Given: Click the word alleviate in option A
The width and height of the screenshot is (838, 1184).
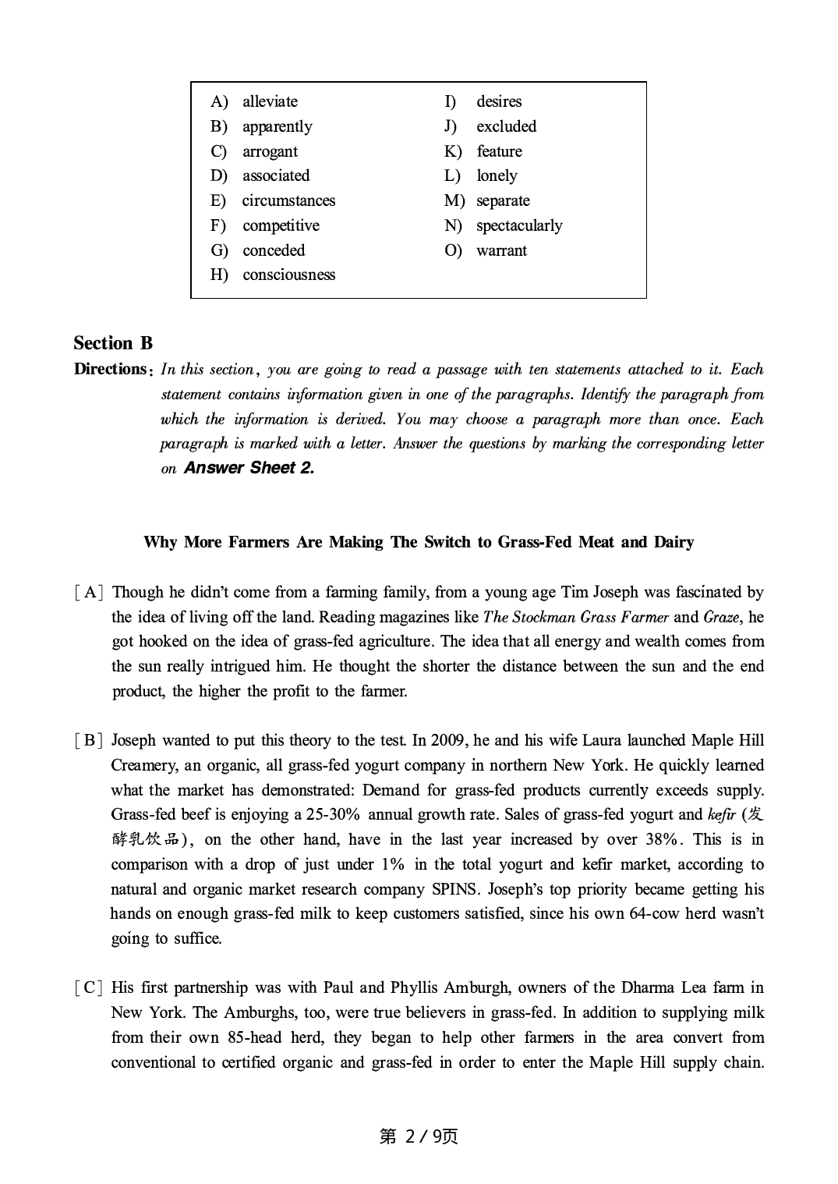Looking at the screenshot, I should pyautogui.click(x=270, y=101).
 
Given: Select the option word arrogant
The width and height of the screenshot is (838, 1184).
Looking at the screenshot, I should pyautogui.click(x=270, y=151).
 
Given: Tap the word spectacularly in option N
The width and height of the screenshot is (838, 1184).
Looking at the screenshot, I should pyautogui.click(x=518, y=225).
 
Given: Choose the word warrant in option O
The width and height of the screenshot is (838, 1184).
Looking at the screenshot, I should pyautogui.click(x=501, y=250).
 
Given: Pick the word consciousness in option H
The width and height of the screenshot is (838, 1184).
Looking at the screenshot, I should pyautogui.click(x=288, y=275).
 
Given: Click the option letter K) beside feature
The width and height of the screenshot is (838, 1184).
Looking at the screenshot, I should pyautogui.click(x=453, y=151).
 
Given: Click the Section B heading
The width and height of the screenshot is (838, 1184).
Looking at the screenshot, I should pyautogui.click(x=113, y=343).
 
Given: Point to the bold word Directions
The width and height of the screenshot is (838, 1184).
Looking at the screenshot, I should pyautogui.click(x=111, y=369).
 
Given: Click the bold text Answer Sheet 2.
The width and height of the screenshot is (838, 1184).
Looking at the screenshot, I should pyautogui.click(x=249, y=468).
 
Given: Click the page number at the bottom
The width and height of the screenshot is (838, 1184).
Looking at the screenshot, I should pyautogui.click(x=419, y=1136).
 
